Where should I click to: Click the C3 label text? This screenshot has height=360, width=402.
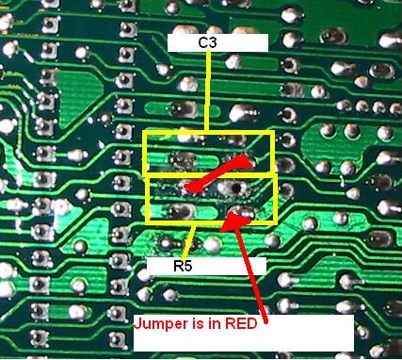(x=206, y=43)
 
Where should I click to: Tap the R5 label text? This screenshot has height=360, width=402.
(x=183, y=267)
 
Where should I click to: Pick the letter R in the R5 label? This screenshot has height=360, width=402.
(x=177, y=267)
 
